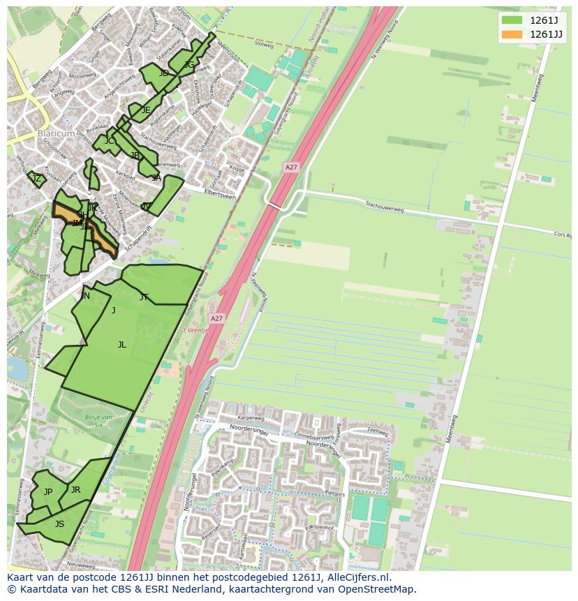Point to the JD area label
[163, 73]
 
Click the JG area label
[189, 65]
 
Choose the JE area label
[146, 110]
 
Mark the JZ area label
[37, 179]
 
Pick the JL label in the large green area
[122, 344]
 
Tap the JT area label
[144, 297]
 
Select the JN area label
[85, 296]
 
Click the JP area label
[48, 491]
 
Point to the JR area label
[75, 489]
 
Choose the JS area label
[59, 524]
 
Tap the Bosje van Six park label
[98, 418]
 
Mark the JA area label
[156, 178]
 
